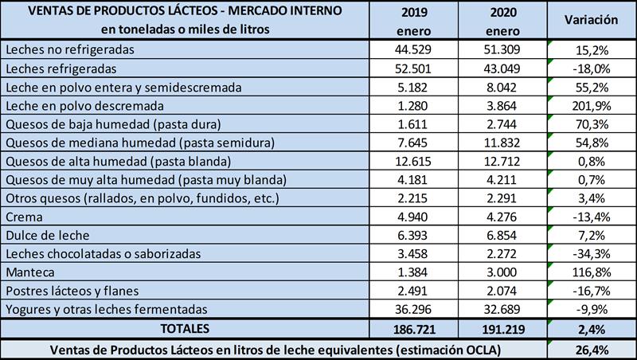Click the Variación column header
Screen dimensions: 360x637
tap(592, 19)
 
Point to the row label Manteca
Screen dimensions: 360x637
tap(29, 272)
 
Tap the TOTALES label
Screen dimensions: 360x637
tap(184, 327)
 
